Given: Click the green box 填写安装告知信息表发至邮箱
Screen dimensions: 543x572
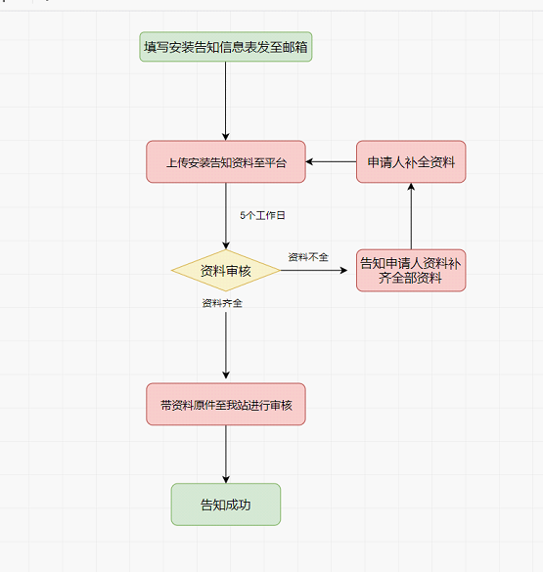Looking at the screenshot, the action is pyautogui.click(x=226, y=47).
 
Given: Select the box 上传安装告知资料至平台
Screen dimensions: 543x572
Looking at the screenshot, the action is pyautogui.click(x=226, y=161).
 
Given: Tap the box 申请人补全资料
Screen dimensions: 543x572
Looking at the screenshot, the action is pyautogui.click(x=411, y=161).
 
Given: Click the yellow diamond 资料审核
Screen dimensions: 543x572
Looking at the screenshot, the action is pyautogui.click(x=226, y=270).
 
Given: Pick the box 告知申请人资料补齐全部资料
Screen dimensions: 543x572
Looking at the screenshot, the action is pyautogui.click(x=411, y=270).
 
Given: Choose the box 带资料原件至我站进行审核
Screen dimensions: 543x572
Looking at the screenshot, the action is pyautogui.click(x=226, y=404).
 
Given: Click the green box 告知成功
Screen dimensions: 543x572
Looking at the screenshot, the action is pyautogui.click(x=226, y=505).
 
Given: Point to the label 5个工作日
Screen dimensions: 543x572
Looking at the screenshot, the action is pyautogui.click(x=262, y=215).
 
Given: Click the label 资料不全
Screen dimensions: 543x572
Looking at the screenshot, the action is pyautogui.click(x=308, y=257).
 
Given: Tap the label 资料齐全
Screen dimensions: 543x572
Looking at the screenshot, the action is pyautogui.click(x=222, y=303).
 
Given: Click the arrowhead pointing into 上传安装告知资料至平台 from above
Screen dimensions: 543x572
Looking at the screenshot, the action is pyautogui.click(x=226, y=137).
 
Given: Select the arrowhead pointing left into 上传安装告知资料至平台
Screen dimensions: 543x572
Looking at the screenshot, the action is pyautogui.click(x=309, y=161).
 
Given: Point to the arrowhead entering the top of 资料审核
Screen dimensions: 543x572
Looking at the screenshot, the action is pyautogui.click(x=226, y=245).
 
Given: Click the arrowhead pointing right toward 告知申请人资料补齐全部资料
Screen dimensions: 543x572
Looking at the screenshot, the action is pyautogui.click(x=343, y=270).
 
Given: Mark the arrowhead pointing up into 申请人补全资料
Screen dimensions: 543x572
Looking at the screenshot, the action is pyautogui.click(x=411, y=187).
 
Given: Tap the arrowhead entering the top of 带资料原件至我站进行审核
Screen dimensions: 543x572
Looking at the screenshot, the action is pyautogui.click(x=226, y=375).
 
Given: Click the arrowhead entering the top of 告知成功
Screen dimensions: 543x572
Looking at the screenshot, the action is pyautogui.click(x=226, y=480).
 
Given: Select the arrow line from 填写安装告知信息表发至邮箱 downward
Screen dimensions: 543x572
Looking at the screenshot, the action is pyautogui.click(x=226, y=101).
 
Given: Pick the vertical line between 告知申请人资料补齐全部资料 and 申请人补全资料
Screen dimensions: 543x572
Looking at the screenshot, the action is pyautogui.click(x=411, y=216).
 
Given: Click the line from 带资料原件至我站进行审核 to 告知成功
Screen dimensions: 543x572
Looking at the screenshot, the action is pyautogui.click(x=226, y=454).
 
